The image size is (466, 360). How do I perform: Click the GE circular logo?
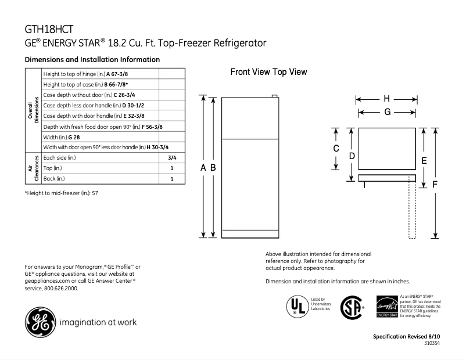(38, 321)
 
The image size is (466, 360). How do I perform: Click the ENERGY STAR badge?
(388, 305)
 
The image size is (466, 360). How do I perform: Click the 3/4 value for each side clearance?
(172, 157)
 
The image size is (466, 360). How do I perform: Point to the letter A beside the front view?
(203, 167)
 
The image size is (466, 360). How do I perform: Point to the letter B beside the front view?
(214, 167)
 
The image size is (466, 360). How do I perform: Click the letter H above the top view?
(386, 98)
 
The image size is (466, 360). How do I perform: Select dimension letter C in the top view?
(336, 149)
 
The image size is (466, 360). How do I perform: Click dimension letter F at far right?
(435, 184)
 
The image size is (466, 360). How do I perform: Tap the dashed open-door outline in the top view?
(413, 209)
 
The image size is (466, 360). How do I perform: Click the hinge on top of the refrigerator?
(275, 96)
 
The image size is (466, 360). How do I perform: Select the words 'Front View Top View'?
(268, 72)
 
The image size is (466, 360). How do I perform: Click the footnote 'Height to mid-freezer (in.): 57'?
(61, 192)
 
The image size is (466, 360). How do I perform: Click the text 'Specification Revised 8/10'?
(407, 337)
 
